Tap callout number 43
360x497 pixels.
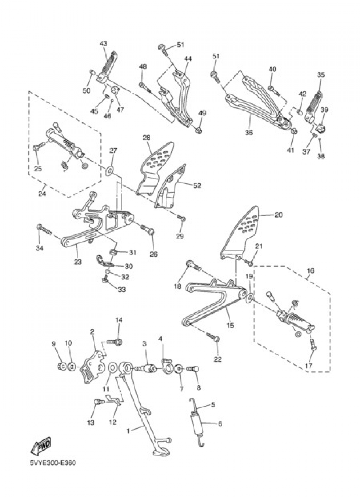[104, 44]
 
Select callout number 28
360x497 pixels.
[147, 138]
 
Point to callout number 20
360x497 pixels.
[279, 215]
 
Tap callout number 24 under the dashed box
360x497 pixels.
[42, 194]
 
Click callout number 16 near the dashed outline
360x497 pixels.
[311, 271]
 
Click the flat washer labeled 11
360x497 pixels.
[112, 368]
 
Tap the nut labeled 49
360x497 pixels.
[199, 131]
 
